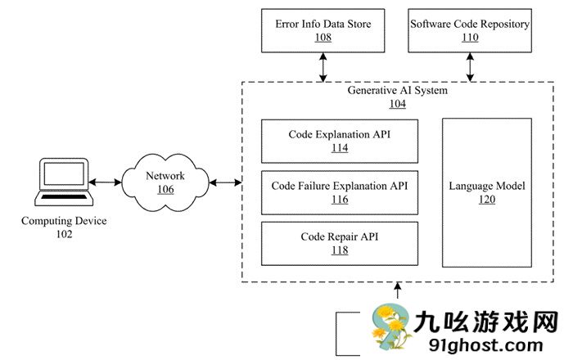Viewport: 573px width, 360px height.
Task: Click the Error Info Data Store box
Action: click(323, 30)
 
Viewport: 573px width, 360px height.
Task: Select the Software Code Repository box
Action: click(470, 30)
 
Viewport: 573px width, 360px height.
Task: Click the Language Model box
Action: click(487, 192)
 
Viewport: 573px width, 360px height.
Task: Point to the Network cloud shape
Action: click(165, 182)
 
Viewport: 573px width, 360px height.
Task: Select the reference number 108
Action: click(323, 38)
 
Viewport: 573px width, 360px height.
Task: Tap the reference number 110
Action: click(470, 38)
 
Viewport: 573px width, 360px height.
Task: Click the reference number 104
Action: click(397, 105)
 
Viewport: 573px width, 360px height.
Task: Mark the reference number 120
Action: click(487, 200)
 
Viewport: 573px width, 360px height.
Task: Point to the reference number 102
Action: click(63, 235)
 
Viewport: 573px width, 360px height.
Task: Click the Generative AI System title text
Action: click(397, 91)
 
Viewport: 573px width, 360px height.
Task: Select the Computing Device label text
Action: click(64, 222)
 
